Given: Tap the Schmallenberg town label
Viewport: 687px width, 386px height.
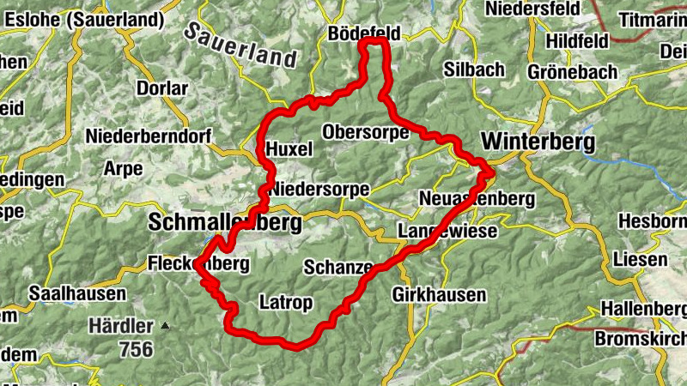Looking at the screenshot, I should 225,224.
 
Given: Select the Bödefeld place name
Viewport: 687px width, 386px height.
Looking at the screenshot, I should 364,33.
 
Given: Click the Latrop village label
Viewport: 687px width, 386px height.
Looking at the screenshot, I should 285,302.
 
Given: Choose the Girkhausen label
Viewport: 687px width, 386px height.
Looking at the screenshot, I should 438,295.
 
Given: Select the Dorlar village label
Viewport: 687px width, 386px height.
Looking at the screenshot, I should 161,88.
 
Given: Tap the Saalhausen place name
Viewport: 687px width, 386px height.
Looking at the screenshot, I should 76,293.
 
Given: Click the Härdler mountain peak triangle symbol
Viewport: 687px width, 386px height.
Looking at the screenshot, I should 165,326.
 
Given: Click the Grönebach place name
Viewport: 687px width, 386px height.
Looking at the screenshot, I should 573,71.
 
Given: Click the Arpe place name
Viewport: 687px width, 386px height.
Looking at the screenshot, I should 123,169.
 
